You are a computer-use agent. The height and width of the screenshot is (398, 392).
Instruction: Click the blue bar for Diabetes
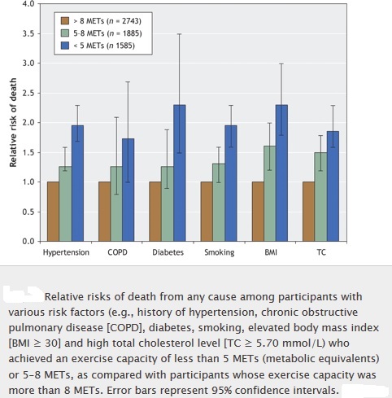(180, 173)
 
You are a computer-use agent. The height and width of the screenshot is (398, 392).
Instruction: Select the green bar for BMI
(270, 194)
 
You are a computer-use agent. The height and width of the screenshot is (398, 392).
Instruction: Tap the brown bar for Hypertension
(53, 212)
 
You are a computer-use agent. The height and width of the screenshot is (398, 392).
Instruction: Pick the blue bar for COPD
(128, 190)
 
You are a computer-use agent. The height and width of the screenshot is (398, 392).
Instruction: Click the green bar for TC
(320, 197)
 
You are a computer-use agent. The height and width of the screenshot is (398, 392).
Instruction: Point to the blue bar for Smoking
(231, 183)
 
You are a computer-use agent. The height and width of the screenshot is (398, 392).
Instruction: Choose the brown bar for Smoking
(207, 212)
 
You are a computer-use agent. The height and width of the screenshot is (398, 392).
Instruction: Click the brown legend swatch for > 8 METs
(65, 21)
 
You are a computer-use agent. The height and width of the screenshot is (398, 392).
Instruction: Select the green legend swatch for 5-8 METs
(65, 33)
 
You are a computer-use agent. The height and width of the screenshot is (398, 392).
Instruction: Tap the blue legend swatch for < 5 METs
(65, 45)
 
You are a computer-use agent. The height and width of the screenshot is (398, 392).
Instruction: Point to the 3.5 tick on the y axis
(39, 34)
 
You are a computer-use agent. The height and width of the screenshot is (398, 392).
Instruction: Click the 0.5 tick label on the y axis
(28, 212)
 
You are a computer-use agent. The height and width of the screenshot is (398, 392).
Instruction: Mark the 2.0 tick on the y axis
(39, 123)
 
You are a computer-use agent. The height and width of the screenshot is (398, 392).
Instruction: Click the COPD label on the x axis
(117, 252)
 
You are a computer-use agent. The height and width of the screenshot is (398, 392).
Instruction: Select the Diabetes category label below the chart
(168, 252)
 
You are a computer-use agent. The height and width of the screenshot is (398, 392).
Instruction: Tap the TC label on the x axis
(321, 252)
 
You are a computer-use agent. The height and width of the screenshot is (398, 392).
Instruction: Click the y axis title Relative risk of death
(13, 123)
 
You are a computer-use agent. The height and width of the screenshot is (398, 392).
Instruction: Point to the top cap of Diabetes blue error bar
(180, 34)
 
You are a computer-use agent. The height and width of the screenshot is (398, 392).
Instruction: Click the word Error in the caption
(120, 390)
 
